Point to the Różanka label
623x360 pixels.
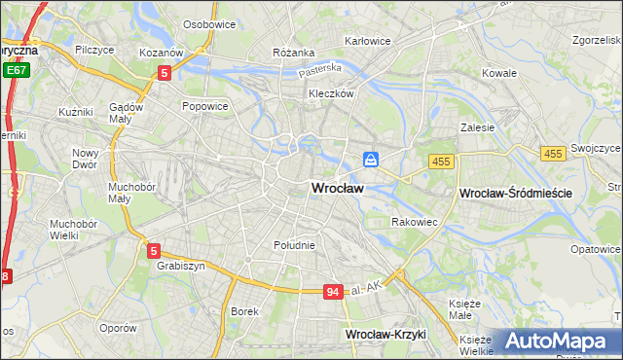pos(294,53)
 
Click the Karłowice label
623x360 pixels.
pos(367,41)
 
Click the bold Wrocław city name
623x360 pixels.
pos(338,189)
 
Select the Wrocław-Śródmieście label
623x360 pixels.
pos(515,195)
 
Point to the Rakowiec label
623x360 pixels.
pos(414,222)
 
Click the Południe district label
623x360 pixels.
pos(294,245)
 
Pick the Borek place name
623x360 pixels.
pos(244,311)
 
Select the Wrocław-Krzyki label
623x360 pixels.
pos(386,334)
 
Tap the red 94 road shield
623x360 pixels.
pos(333,292)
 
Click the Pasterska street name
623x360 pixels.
pos(320,70)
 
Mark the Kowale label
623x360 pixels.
pos(499,73)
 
